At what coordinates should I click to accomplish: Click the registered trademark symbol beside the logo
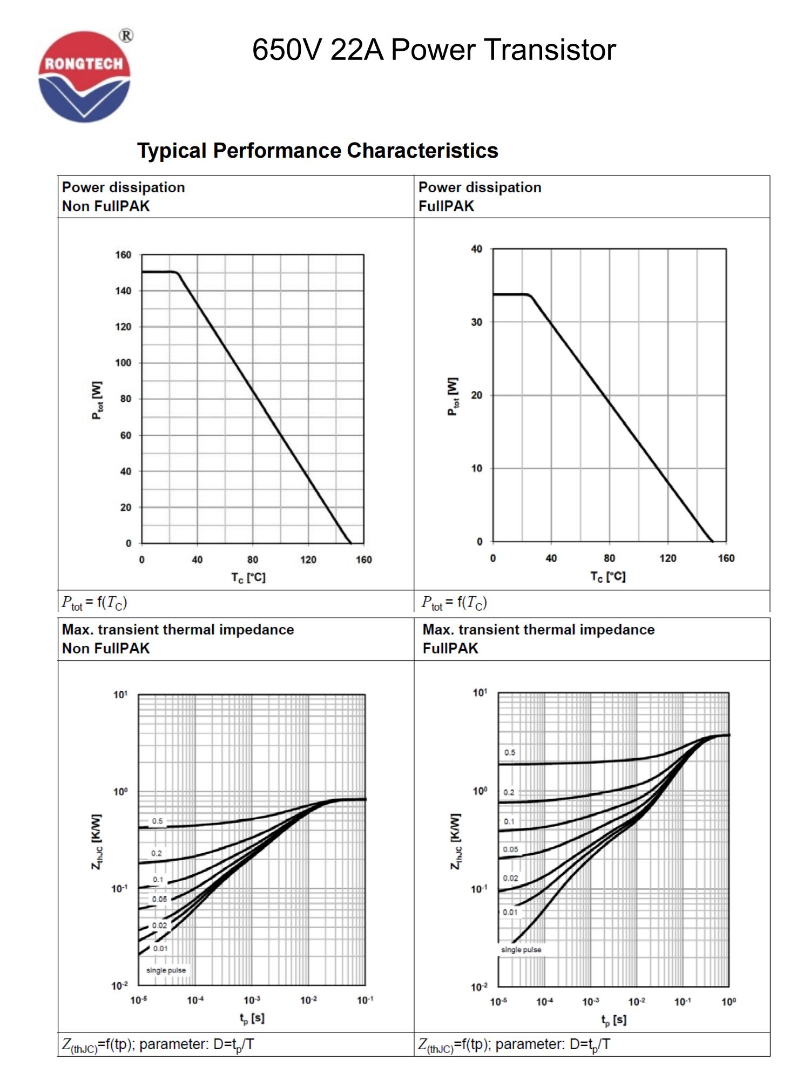click(126, 36)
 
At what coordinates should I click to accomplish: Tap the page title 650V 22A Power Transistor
click(434, 50)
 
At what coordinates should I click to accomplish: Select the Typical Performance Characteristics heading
click(318, 151)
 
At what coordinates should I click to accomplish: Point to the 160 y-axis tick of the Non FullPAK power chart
click(123, 255)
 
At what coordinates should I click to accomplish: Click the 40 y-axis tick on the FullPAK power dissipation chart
click(476, 249)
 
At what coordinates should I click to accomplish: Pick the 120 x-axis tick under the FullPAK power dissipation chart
click(667, 558)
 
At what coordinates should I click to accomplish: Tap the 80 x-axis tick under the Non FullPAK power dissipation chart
click(253, 559)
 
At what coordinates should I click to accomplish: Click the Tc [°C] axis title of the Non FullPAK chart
click(248, 577)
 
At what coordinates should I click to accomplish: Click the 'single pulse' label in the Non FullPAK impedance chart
click(166, 970)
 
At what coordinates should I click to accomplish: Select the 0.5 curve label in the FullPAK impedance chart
click(510, 752)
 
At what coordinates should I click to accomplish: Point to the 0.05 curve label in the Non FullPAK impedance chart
click(159, 899)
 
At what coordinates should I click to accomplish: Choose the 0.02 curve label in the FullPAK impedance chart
click(510, 878)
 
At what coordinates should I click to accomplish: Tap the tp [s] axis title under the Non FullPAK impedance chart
click(252, 1018)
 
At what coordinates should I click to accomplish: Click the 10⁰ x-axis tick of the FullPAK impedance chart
click(728, 1002)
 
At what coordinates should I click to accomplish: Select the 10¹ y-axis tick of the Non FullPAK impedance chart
click(120, 694)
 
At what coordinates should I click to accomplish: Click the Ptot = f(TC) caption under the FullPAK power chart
click(454, 602)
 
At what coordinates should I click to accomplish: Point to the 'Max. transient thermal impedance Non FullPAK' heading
click(178, 639)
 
